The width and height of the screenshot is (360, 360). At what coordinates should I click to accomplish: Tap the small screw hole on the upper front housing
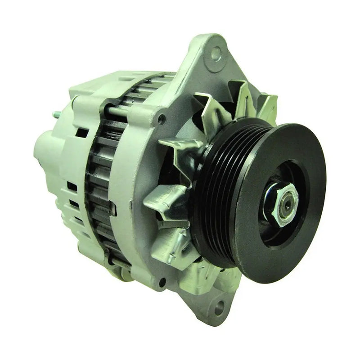click(162, 119)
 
